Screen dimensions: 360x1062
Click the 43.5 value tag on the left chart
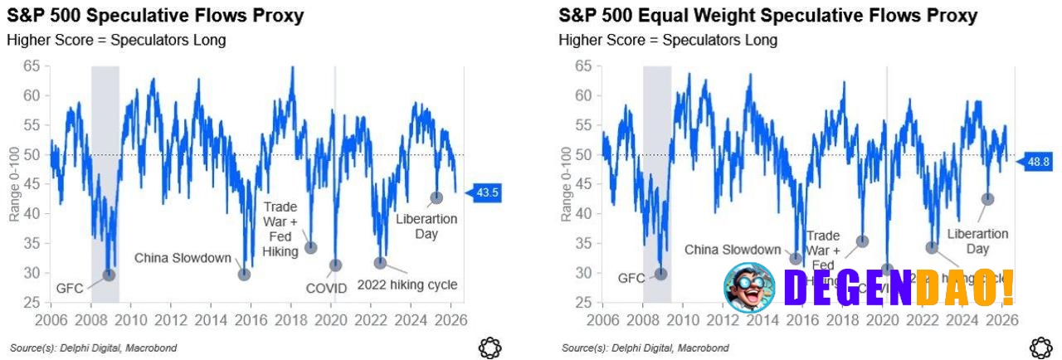pos(487,192)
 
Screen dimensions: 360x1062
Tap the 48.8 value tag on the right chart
pos(1040,162)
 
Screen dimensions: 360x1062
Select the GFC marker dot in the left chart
pos(109,275)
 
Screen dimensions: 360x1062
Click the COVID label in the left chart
pos(326,289)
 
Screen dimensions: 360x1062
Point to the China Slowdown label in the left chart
pos(183,258)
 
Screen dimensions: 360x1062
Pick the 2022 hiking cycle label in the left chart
pos(407,285)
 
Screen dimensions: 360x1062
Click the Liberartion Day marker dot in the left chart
pos(436,197)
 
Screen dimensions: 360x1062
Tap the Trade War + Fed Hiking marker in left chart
pos(311,247)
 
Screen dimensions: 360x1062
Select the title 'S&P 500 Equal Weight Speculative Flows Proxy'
pos(767,16)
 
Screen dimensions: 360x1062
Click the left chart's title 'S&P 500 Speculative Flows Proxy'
pos(155,16)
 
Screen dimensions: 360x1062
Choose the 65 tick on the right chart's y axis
pos(583,66)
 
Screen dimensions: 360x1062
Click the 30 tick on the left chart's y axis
pos(31,273)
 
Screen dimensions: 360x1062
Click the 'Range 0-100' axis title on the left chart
pos(14,184)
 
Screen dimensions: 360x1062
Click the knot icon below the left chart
pos(490,348)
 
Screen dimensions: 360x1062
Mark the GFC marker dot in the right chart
pos(661,274)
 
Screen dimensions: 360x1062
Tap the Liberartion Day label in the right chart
pos(977,241)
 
